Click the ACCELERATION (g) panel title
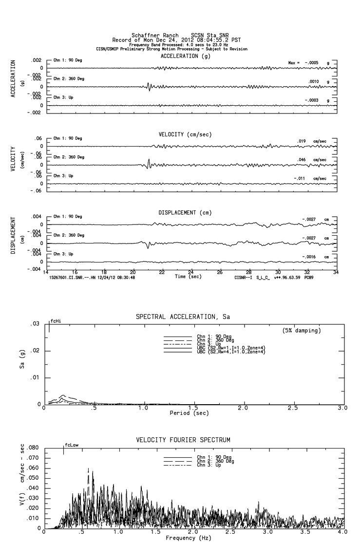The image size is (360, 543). click(186, 56)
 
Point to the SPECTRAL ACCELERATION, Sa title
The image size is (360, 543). click(183, 317)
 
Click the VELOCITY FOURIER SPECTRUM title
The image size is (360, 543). click(183, 440)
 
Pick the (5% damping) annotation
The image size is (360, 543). click(302, 331)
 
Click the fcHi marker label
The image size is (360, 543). click(56, 321)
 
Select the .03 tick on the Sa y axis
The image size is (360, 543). click(35, 324)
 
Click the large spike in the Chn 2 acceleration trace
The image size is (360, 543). click(149, 87)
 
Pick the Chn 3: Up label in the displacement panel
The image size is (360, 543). click(63, 254)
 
